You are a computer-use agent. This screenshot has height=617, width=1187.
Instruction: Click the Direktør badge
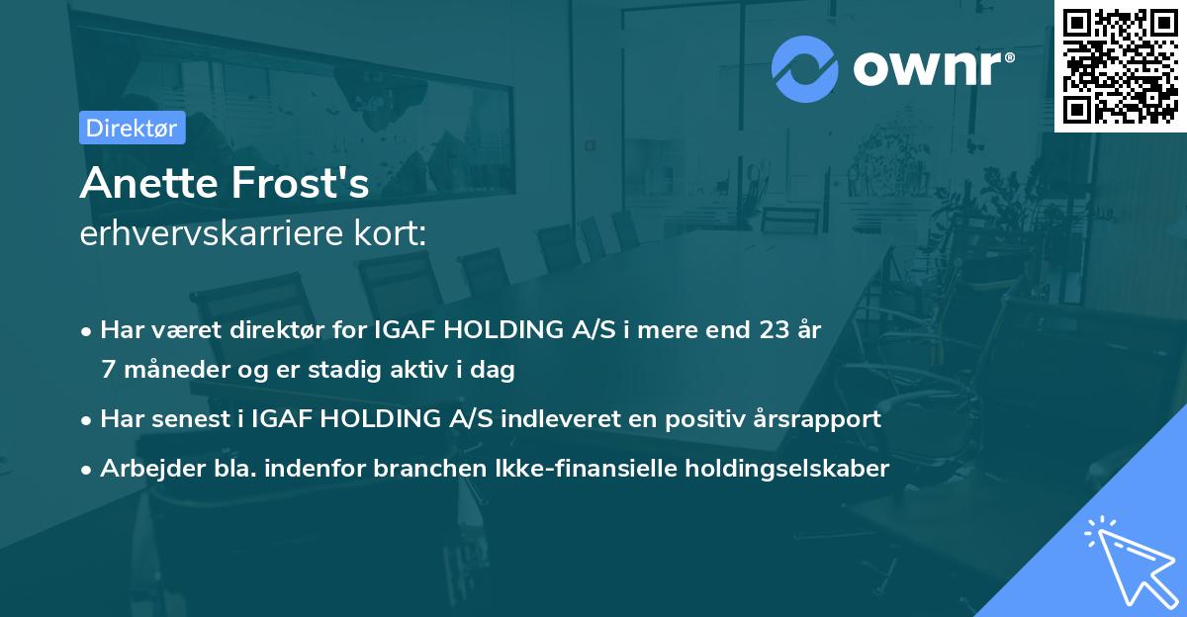pos(133,128)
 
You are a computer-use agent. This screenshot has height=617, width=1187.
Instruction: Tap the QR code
pos(1120,64)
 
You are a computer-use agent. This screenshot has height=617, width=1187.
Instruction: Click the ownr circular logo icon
pos(805,68)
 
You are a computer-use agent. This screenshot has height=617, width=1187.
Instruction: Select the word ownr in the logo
pos(929,70)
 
